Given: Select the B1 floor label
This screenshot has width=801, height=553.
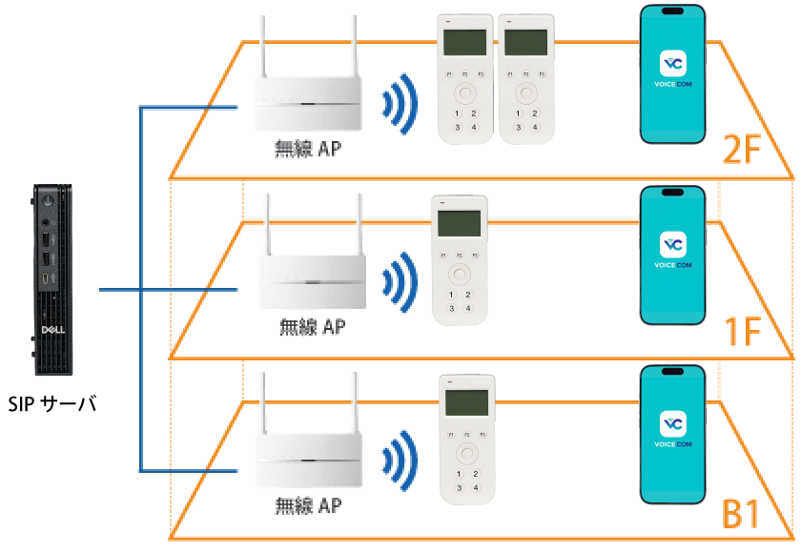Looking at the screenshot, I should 740,516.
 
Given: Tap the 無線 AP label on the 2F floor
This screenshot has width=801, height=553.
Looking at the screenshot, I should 307,149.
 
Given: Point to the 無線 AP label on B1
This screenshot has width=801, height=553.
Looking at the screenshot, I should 307,505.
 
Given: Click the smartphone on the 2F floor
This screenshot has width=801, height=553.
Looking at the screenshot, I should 673,74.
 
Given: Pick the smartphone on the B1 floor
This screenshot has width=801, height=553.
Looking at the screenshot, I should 673,434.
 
